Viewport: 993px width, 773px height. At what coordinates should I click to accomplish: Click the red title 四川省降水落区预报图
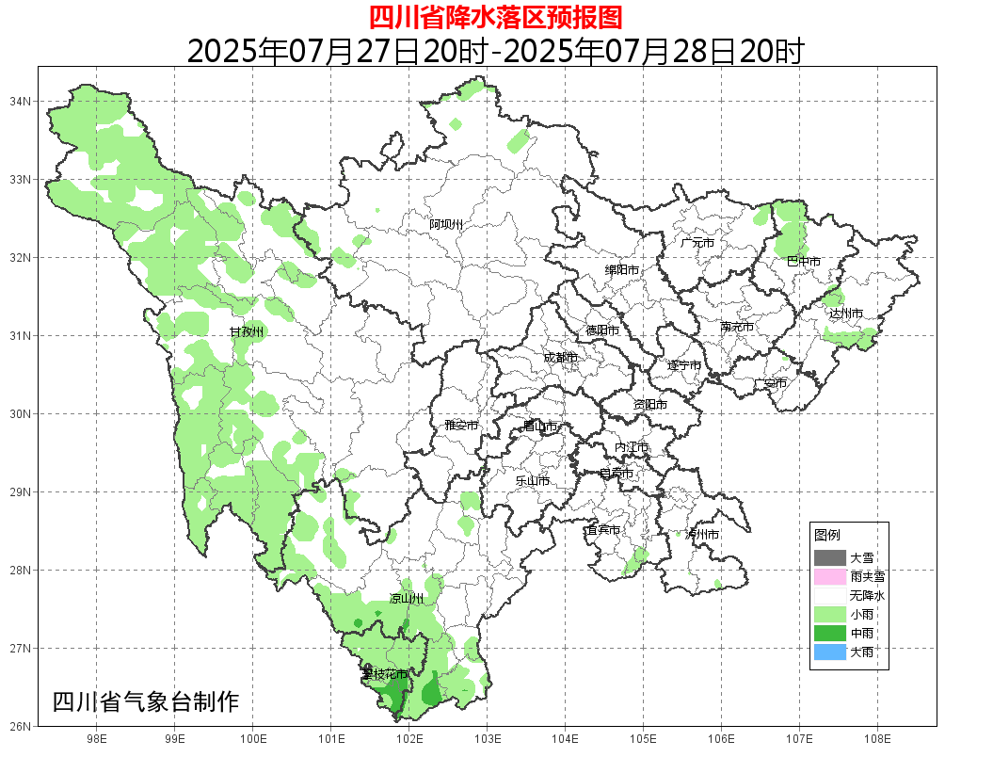[495, 17]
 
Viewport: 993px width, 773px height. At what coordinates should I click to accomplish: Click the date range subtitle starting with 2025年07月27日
[495, 51]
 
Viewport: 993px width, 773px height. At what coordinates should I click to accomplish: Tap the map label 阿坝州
[446, 224]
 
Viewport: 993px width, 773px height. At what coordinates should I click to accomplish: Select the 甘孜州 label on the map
[248, 332]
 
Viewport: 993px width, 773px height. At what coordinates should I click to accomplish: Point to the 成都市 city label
[560, 358]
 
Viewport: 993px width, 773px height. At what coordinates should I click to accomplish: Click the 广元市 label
[697, 243]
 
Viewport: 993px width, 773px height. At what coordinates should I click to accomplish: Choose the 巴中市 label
[803, 262]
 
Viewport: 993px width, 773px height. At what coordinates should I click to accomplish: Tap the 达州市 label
[846, 313]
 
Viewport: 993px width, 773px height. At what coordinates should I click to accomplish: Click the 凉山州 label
[407, 599]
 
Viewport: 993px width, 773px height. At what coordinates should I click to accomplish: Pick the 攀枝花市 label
[385, 674]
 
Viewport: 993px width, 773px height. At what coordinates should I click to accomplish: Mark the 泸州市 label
[702, 535]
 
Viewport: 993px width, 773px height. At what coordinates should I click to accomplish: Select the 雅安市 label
[461, 426]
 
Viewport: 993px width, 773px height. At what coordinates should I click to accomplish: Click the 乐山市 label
[532, 481]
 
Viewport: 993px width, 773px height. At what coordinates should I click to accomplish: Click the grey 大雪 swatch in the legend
[830, 557]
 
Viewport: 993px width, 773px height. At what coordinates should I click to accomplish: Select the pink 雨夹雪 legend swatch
[830, 576]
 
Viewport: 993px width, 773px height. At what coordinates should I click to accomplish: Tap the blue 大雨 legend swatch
[830, 652]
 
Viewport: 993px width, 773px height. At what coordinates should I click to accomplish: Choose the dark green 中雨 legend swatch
[830, 633]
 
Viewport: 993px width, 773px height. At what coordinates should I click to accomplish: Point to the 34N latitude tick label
[21, 101]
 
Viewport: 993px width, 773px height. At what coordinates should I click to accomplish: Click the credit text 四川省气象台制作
[146, 702]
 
